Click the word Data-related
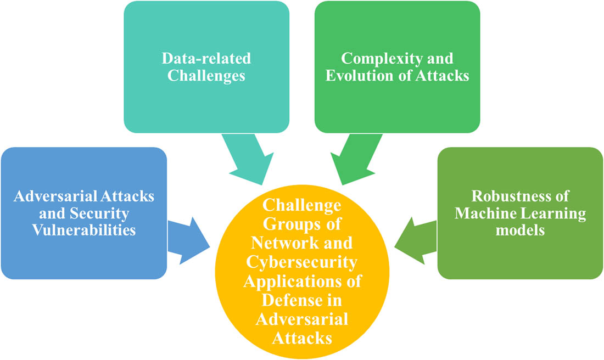click(206, 58)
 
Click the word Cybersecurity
click(301, 262)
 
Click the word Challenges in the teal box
click(206, 75)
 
